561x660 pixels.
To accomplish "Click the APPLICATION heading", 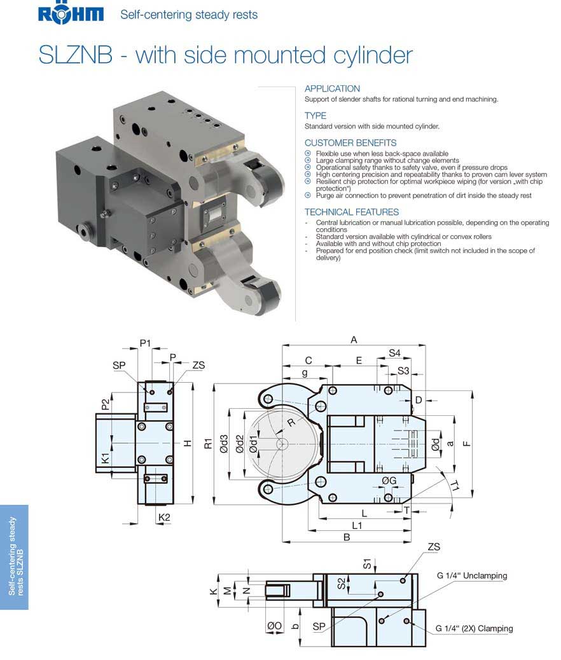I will (x=332, y=89).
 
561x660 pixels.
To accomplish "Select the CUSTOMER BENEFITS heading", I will (x=350, y=143).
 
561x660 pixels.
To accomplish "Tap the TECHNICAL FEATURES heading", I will (x=352, y=212).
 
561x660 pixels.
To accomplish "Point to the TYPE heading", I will (x=315, y=116).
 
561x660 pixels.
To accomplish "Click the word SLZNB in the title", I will (x=76, y=55).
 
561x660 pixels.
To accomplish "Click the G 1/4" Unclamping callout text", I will (x=471, y=576).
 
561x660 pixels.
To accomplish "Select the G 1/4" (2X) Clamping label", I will (x=474, y=629).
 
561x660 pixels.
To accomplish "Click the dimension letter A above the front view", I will (x=354, y=340).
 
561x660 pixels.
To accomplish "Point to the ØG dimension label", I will (x=389, y=481).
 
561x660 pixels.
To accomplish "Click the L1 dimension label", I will (x=357, y=525).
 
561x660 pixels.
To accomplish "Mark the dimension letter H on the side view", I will (x=187, y=443).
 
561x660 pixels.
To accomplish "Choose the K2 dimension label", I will (x=164, y=518).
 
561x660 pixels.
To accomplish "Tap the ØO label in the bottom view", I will (x=274, y=626).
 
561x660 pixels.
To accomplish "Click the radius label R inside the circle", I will (x=291, y=423).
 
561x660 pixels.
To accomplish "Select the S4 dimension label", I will (x=394, y=353).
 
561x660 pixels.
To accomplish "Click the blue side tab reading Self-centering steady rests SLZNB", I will (x=14, y=557).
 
